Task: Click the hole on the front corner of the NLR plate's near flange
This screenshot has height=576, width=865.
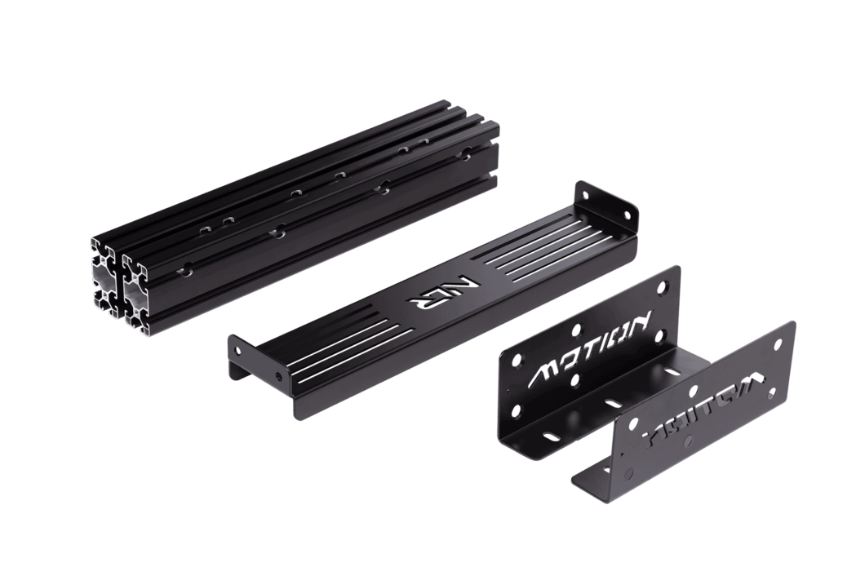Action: pyautogui.click(x=280, y=377)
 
